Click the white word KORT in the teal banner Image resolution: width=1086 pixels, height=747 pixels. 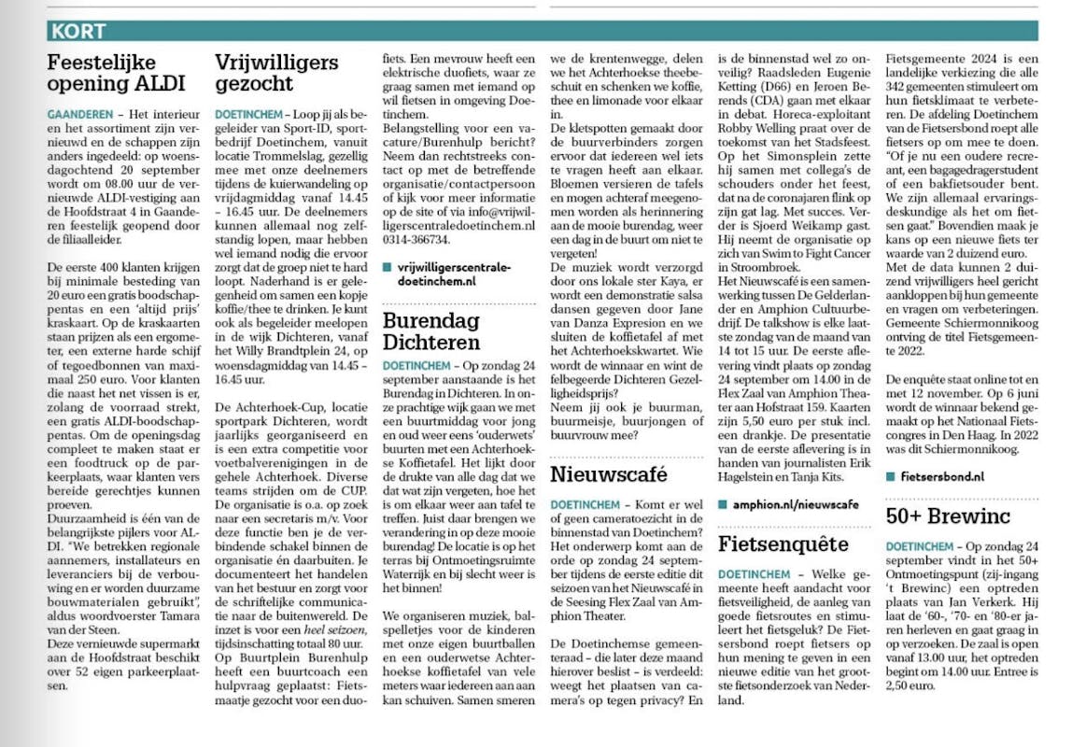(x=79, y=31)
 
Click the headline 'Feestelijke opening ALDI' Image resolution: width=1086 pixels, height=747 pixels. (x=117, y=73)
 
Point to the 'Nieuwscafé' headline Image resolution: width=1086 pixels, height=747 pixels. (x=609, y=473)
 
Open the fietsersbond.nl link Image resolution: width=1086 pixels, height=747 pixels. (x=942, y=475)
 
